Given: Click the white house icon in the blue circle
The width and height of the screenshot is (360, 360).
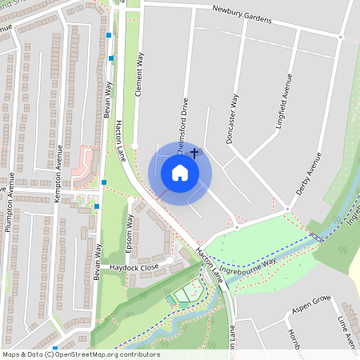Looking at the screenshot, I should pos(180,173).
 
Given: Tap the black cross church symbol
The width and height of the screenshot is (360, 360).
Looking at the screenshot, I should pos(194,151).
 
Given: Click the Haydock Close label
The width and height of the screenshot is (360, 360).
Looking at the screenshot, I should pos(135,266).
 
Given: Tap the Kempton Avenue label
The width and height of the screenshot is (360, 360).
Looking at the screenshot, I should pos(58,168).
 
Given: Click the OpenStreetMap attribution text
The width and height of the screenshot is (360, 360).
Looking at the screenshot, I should pos(80,354).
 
